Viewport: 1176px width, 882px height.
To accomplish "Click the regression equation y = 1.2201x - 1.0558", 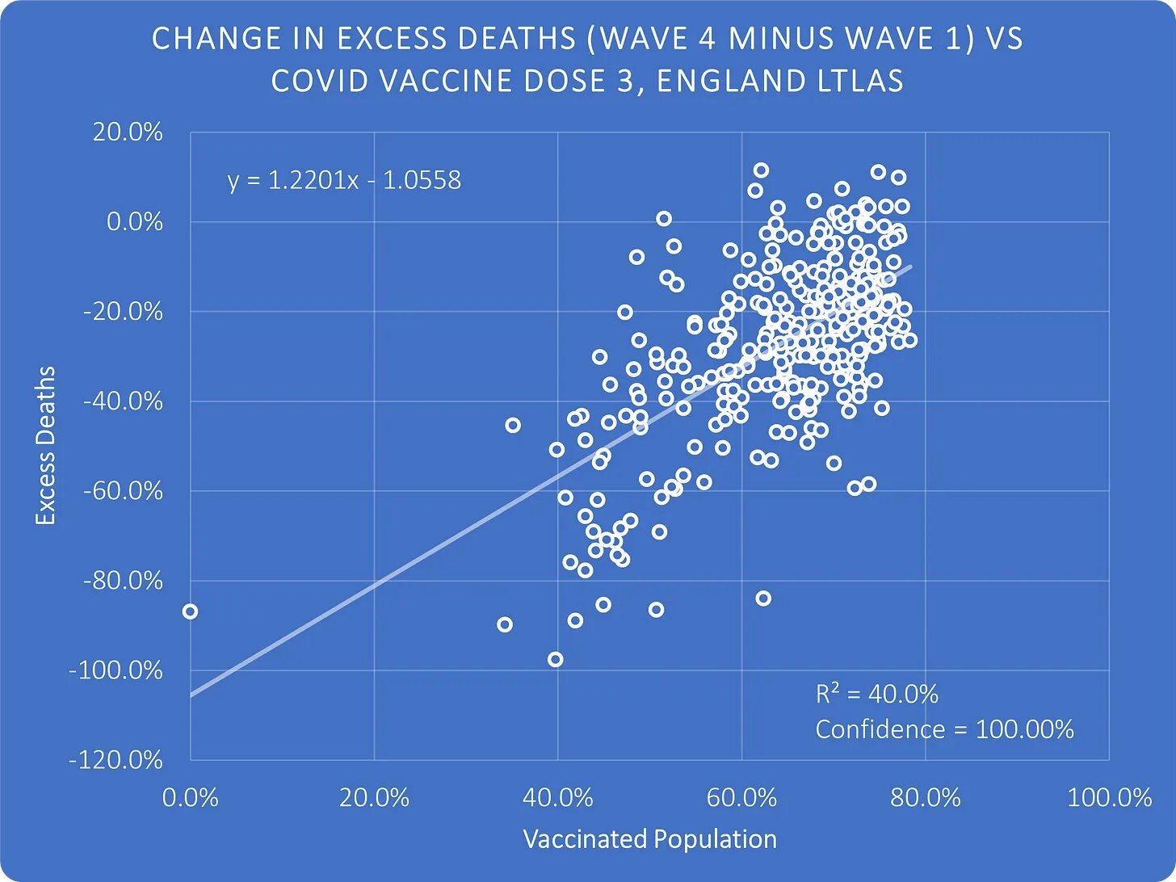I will (344, 179).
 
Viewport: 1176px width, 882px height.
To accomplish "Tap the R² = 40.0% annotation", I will (876, 695).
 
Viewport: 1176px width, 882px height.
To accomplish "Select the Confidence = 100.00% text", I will (944, 729).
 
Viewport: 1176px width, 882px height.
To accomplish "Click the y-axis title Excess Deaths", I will (45, 445).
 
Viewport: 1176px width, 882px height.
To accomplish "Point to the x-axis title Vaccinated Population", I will (649, 839).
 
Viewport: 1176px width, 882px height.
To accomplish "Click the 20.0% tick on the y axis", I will (128, 132).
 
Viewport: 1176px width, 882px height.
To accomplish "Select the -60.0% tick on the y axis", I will (122, 491).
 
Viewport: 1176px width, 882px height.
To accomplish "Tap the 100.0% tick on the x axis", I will (1109, 798).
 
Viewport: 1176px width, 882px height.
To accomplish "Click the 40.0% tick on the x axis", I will (557, 798).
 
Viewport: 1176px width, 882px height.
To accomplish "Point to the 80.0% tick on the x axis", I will (925, 798).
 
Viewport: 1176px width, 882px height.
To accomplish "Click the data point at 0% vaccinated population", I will (190, 611).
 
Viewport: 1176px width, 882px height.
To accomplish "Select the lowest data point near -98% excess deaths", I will (555, 659).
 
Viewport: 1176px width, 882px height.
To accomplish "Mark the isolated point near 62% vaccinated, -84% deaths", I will (762, 598).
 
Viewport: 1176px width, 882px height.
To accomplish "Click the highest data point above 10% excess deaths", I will (761, 170).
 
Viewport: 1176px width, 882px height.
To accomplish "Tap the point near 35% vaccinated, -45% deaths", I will (512, 425).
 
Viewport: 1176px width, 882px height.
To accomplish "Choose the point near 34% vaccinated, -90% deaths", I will (505, 624).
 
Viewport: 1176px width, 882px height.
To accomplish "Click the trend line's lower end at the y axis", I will (192, 694).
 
